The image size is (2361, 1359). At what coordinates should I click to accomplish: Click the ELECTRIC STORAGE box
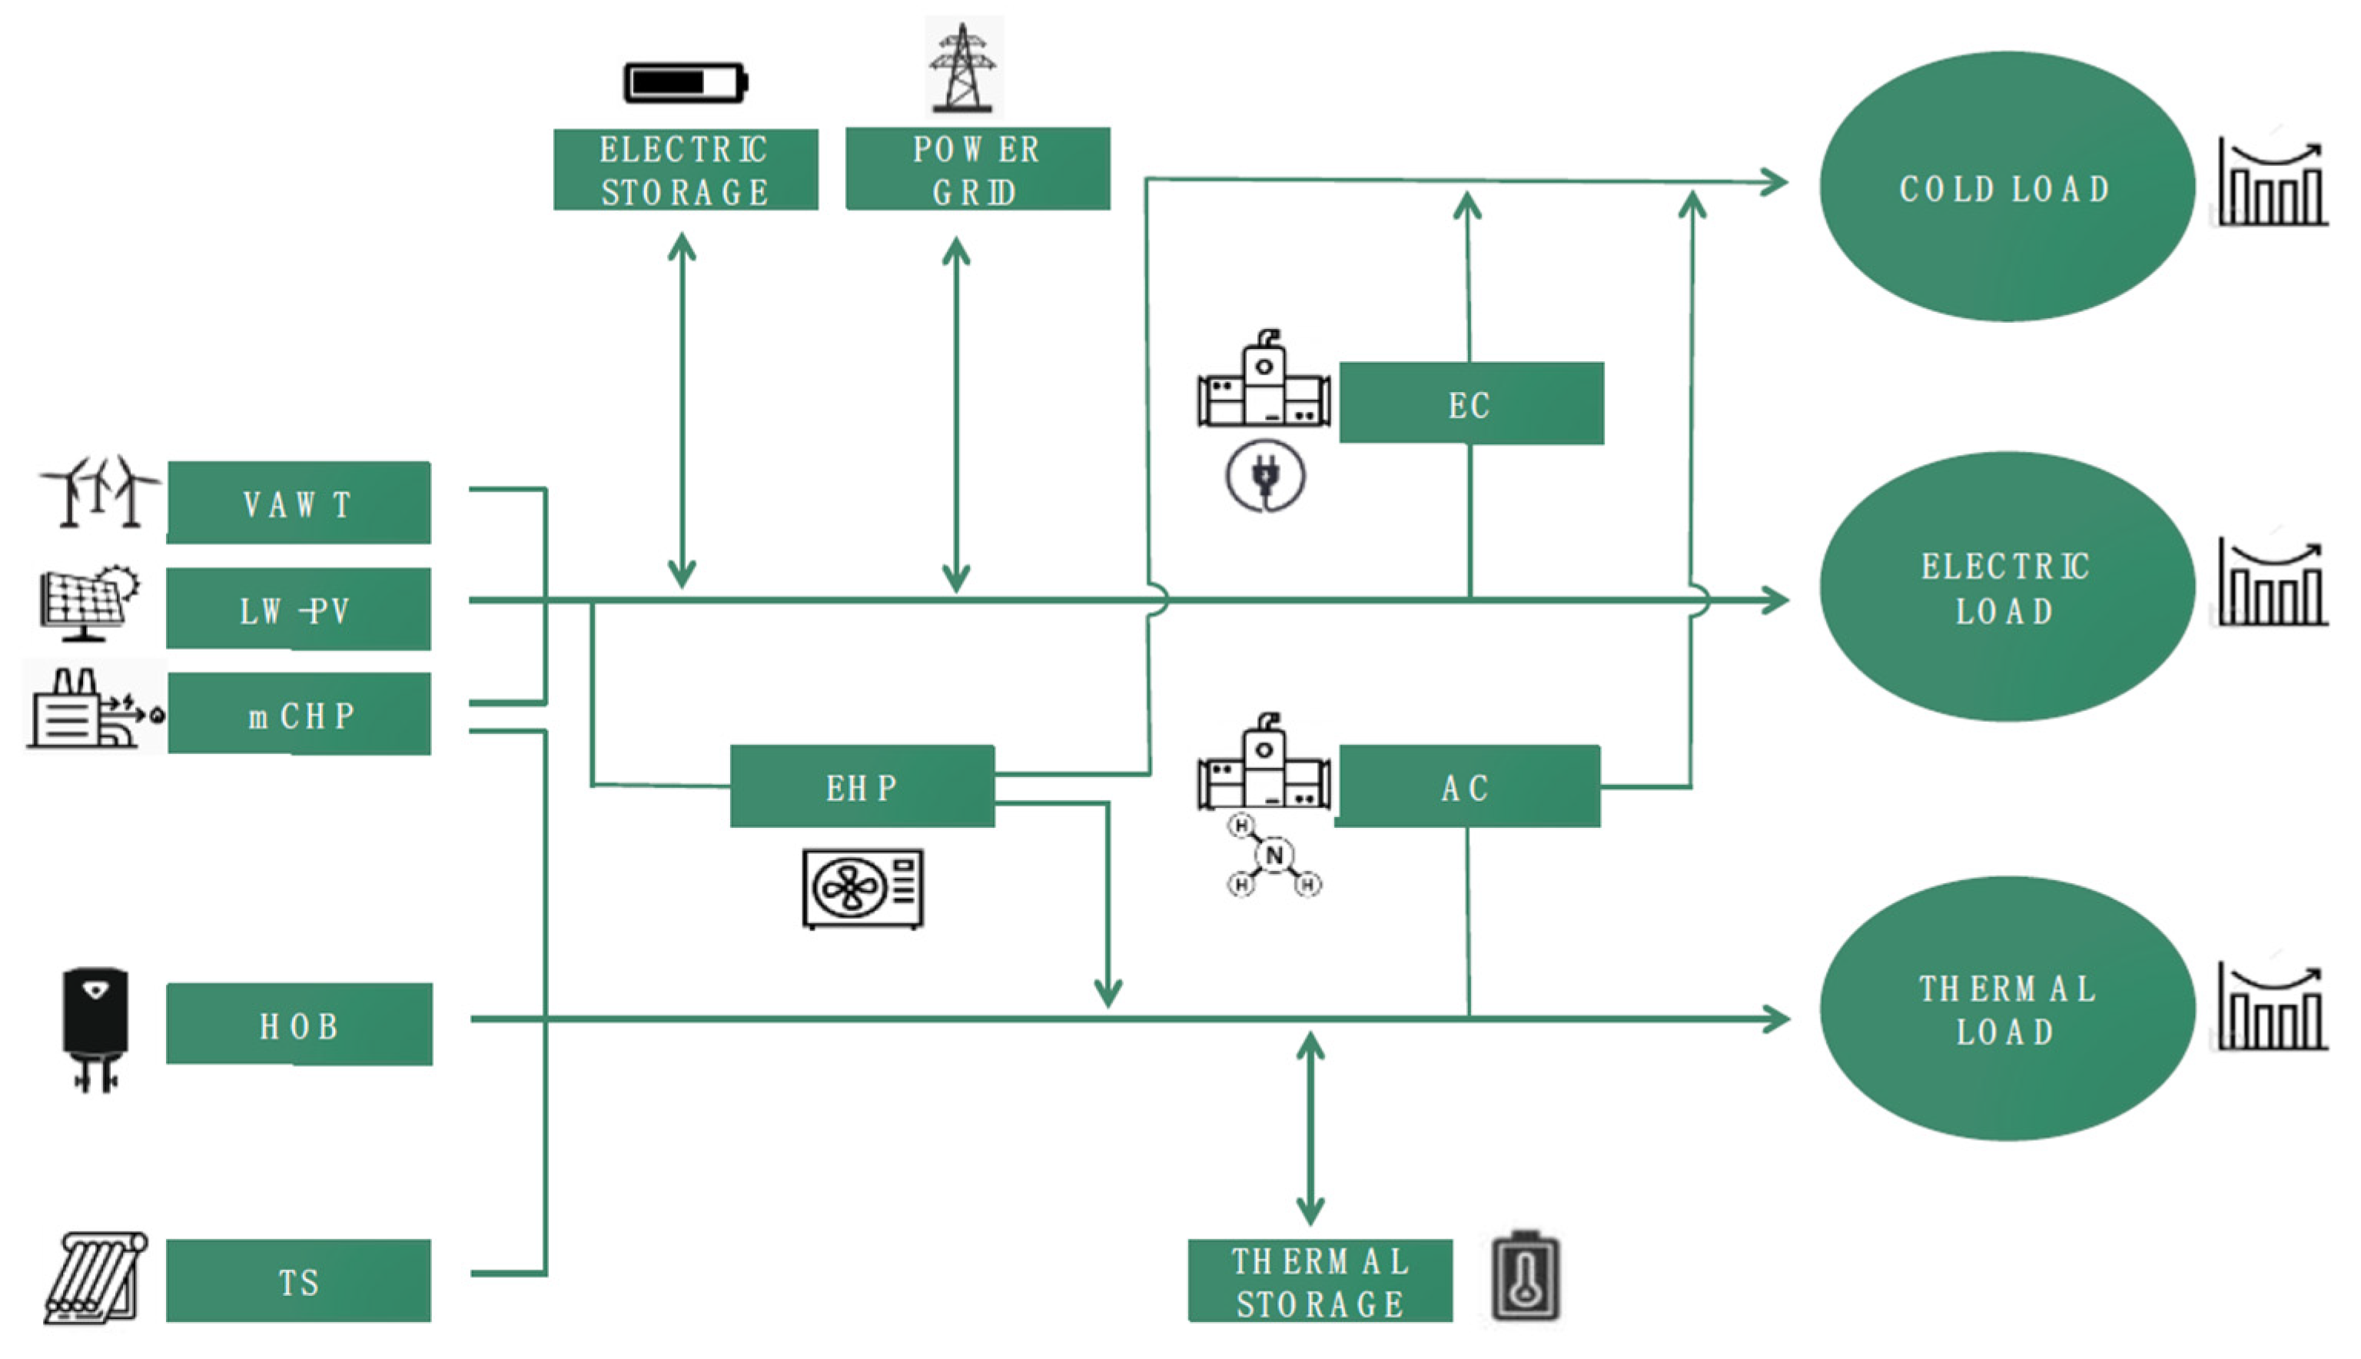click(x=685, y=170)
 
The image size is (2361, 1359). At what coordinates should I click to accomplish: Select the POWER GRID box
click(x=977, y=169)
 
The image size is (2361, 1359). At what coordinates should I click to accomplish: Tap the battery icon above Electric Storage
click(x=685, y=82)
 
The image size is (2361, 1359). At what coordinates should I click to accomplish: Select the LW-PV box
click(x=299, y=610)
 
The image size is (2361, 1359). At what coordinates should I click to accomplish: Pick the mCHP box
click(x=299, y=714)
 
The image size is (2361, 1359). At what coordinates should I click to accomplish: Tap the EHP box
click(x=862, y=787)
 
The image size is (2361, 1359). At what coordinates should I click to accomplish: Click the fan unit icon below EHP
click(x=862, y=888)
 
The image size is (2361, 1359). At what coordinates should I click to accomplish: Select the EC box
click(x=1471, y=404)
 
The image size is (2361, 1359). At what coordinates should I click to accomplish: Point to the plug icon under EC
click(x=1264, y=477)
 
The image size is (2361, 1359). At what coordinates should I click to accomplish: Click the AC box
click(x=1468, y=787)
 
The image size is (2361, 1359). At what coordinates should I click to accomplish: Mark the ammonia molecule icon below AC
click(x=1273, y=856)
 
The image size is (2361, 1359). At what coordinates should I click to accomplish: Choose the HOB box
click(x=299, y=1025)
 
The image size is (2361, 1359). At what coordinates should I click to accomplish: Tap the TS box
click(x=299, y=1281)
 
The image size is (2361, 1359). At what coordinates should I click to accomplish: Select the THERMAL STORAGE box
click(x=1319, y=1281)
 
